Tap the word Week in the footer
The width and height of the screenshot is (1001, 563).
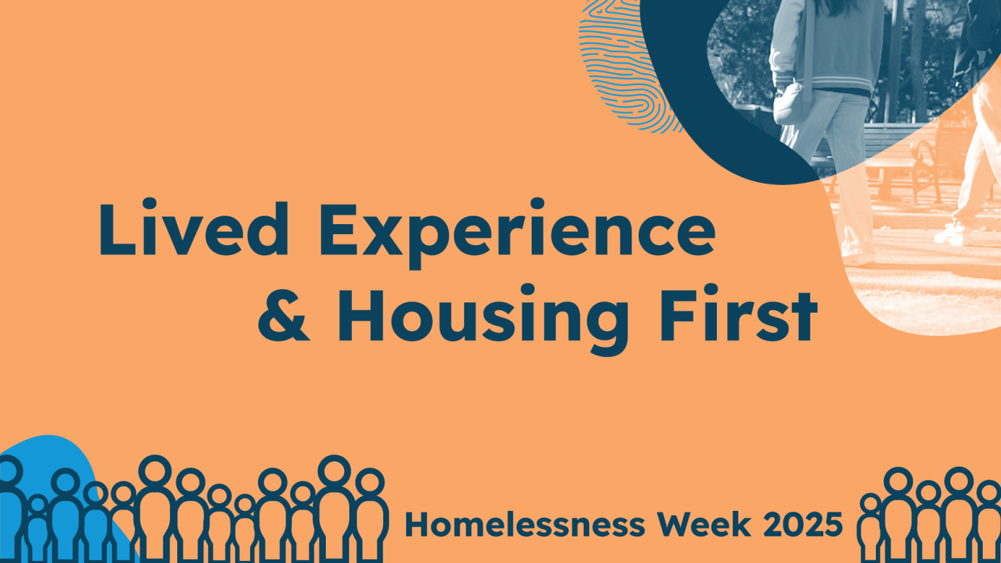pos(704,524)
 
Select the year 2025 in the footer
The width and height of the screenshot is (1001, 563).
pos(803,524)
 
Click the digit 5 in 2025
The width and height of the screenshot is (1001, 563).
pos(832,524)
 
